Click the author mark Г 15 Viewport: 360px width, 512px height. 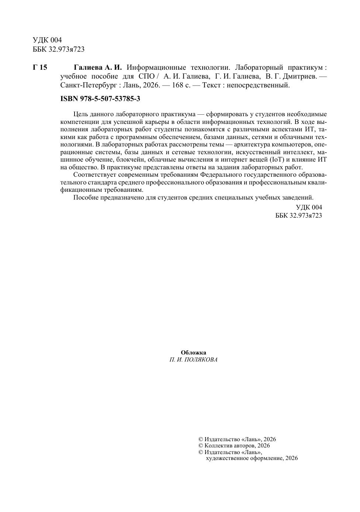(40, 68)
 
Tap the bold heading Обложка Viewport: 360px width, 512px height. (193, 353)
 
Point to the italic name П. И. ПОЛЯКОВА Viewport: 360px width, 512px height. (193, 360)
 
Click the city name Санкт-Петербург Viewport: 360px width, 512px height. (88, 86)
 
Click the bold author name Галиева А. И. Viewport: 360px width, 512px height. (97, 68)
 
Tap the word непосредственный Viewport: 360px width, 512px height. (258, 86)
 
